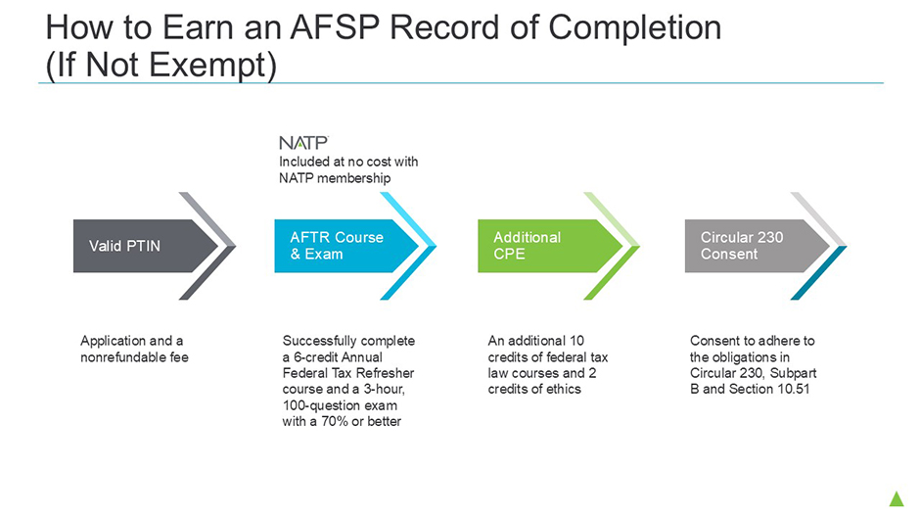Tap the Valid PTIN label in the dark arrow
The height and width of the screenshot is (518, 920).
pyautogui.click(x=124, y=246)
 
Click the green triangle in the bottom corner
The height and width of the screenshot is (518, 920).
pyautogui.click(x=897, y=499)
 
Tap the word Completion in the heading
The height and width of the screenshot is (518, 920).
pyautogui.click(x=635, y=27)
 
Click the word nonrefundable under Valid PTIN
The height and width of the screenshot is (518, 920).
pyautogui.click(x=123, y=357)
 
